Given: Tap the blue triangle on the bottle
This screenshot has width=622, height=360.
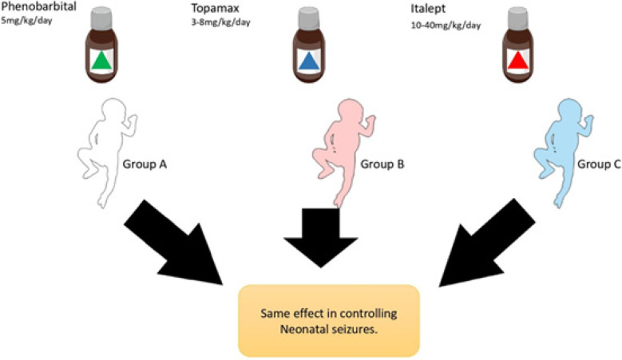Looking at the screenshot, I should [x=307, y=61].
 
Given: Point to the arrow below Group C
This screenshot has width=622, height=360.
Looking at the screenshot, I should [x=487, y=239].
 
